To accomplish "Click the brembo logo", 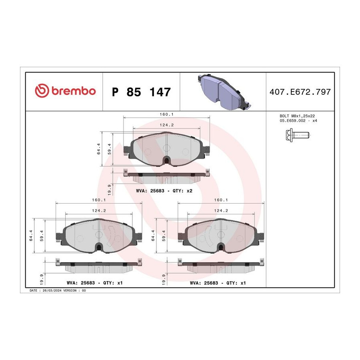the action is coord(65,91).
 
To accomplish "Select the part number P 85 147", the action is coord(141,92).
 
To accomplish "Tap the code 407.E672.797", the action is coord(300,92).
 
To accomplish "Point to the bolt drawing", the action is coord(298,135).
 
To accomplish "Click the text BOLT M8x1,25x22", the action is coord(297,116).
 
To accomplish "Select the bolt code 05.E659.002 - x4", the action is coord(298,120).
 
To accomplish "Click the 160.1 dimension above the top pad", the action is coord(166,114).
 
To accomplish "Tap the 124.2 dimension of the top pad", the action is coord(167,125).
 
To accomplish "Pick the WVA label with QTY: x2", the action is coord(164,191).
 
